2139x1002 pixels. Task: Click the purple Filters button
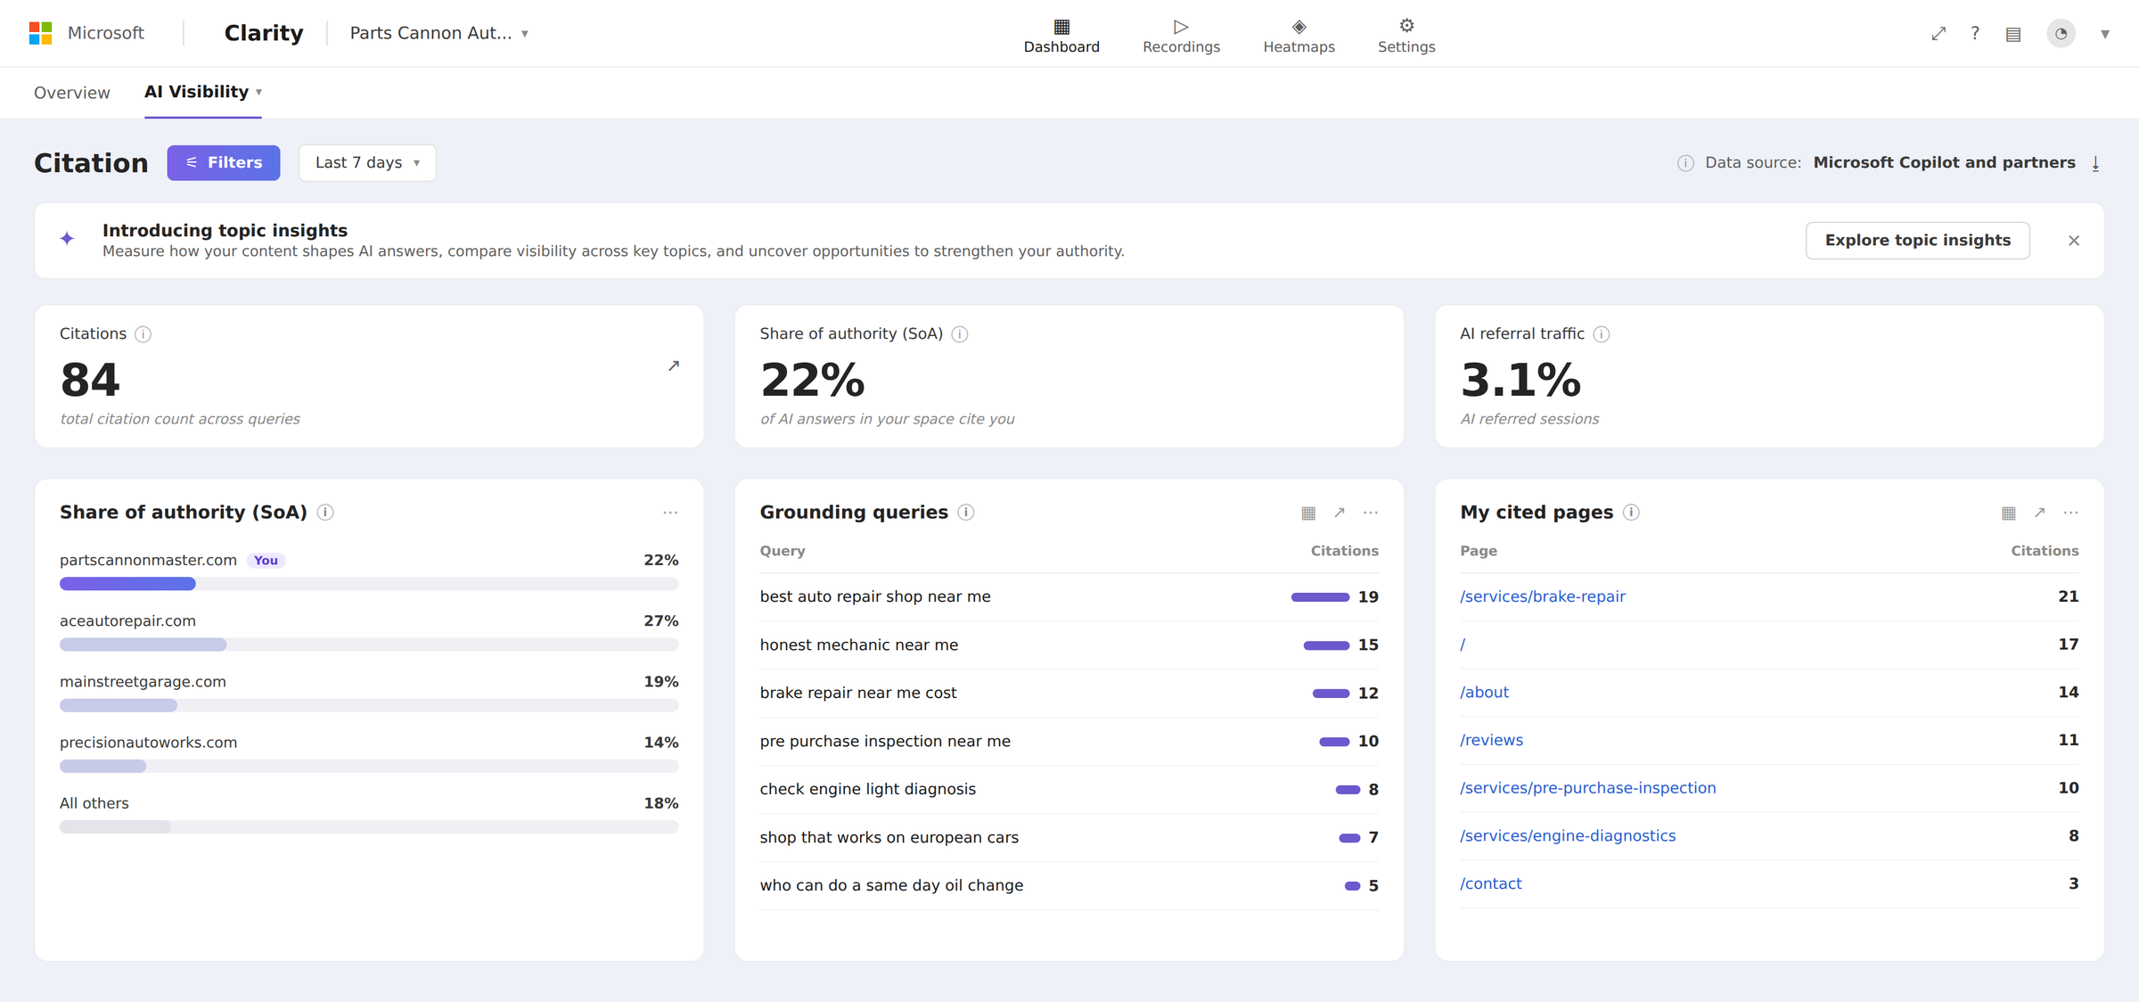click(224, 163)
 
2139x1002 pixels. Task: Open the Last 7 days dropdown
click(367, 163)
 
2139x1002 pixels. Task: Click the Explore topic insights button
click(1917, 241)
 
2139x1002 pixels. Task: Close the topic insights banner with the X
click(2074, 241)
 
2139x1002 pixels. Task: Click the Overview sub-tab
click(72, 93)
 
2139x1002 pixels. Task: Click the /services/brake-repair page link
click(1542, 596)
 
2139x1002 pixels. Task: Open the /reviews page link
click(1491, 740)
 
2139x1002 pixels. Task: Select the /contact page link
click(1490, 883)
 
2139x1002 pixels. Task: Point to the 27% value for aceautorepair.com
click(660, 620)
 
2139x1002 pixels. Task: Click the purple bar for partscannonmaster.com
click(127, 584)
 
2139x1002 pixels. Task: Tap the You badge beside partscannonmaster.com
click(266, 561)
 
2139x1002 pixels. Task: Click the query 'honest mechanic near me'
click(858, 645)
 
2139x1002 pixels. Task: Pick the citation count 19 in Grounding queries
click(1368, 597)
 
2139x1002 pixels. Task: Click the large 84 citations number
click(90, 380)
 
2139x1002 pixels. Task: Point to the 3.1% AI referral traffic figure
click(1520, 380)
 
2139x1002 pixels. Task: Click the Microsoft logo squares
click(40, 34)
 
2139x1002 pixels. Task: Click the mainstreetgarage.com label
click(143, 682)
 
